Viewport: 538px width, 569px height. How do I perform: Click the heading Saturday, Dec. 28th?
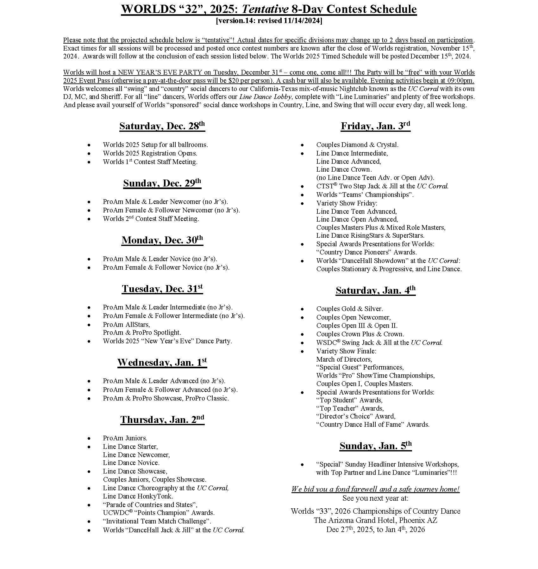(x=162, y=126)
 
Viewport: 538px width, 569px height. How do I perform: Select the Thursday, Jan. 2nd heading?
(x=162, y=419)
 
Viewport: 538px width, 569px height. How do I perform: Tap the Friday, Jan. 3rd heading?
(x=375, y=126)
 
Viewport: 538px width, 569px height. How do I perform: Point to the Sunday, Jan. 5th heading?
(x=375, y=446)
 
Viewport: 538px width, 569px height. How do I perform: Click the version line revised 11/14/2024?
(x=269, y=21)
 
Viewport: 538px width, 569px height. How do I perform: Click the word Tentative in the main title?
(x=265, y=9)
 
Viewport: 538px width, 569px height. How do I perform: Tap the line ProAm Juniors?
(x=125, y=438)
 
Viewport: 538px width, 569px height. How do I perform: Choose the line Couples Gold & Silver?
(x=349, y=309)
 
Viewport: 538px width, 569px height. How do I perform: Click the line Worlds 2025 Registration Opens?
(x=150, y=153)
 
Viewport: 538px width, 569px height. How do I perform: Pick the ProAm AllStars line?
(x=126, y=325)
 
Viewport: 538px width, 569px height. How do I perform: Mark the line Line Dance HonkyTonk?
(x=138, y=496)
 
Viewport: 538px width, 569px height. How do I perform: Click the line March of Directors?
(x=344, y=359)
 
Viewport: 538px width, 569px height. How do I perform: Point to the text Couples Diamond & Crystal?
(x=357, y=145)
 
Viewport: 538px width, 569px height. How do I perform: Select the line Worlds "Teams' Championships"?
(x=365, y=195)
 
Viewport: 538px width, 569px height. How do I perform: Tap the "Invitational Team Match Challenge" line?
(x=157, y=521)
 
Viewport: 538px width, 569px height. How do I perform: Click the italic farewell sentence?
(x=375, y=489)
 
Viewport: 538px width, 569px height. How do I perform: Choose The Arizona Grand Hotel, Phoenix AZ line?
(x=375, y=520)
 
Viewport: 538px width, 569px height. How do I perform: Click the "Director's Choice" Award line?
(x=356, y=416)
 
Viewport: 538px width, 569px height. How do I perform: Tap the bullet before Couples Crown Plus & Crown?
(x=302, y=334)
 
